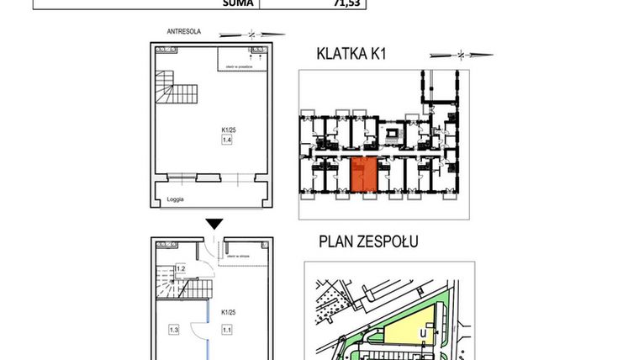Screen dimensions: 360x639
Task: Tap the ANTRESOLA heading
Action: pos(183,32)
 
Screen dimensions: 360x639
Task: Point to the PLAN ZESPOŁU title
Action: pos(368,242)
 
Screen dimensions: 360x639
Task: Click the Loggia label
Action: pos(176,199)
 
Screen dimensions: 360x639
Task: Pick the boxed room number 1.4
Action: pos(226,140)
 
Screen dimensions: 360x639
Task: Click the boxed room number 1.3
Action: pos(174,331)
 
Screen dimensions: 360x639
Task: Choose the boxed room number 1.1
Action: pos(226,331)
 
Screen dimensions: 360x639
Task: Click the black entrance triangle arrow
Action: pos(215,223)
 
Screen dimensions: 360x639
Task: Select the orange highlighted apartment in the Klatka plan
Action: pos(363,176)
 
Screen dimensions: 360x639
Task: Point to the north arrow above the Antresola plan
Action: pos(251,34)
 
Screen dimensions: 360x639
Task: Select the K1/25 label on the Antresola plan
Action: pos(227,130)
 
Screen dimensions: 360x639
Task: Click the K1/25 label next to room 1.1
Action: pos(227,312)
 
